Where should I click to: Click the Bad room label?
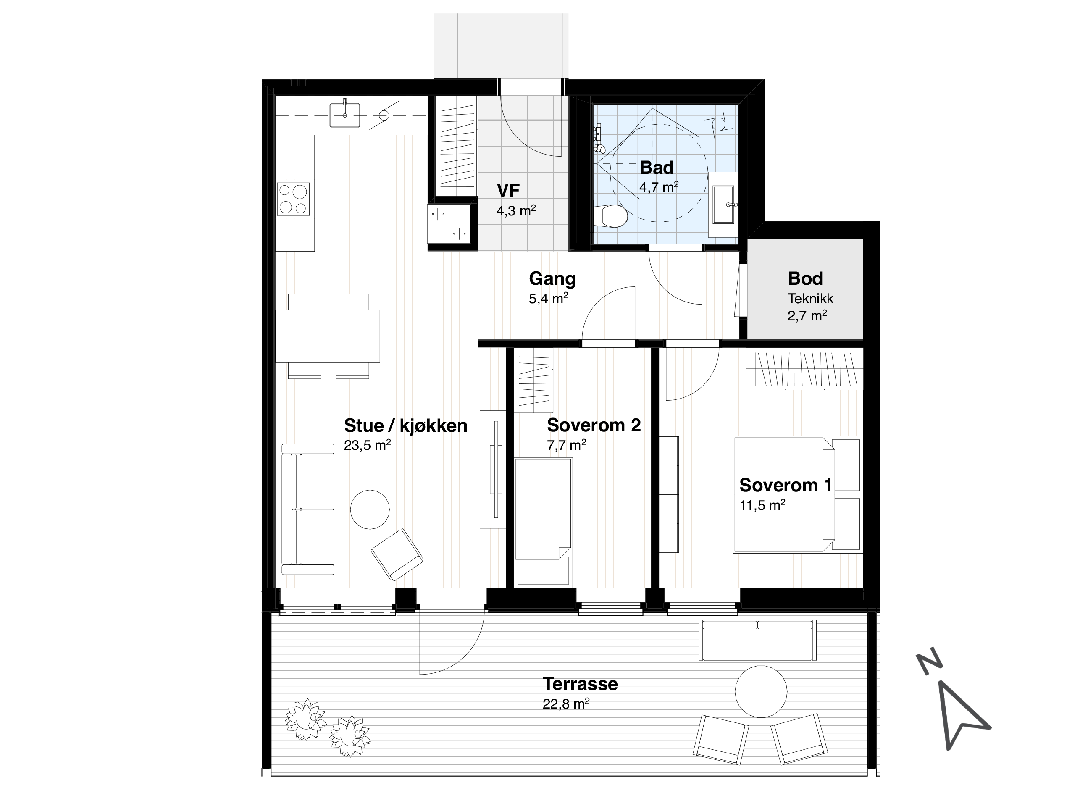(656, 168)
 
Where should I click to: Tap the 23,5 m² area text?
(367, 445)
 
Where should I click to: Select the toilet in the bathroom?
(610, 216)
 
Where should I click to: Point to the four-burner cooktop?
(293, 199)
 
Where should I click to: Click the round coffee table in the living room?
(369, 509)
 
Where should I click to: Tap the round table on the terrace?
(761, 691)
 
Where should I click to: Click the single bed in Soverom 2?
(544, 521)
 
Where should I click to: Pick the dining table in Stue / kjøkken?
(327, 336)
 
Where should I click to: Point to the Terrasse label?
(580, 684)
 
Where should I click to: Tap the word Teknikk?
(810, 299)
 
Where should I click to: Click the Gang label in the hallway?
(552, 279)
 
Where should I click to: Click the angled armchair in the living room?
(397, 554)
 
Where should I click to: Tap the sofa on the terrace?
(757, 640)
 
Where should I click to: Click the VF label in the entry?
(508, 191)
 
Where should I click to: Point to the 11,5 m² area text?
(762, 505)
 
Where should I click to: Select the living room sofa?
(307, 509)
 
